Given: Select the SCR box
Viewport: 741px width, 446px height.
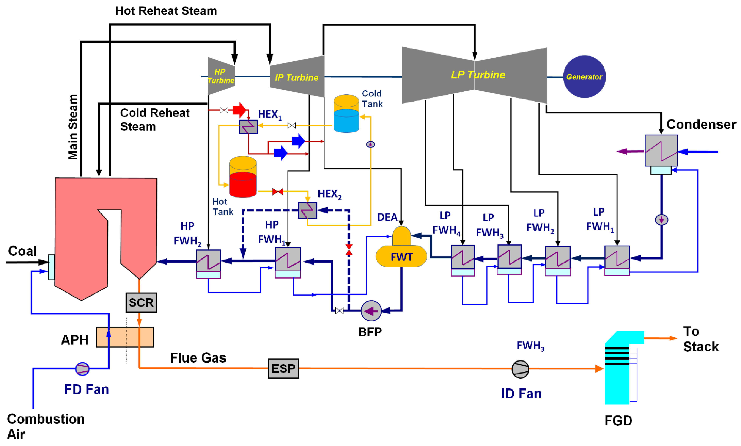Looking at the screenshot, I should [x=141, y=302].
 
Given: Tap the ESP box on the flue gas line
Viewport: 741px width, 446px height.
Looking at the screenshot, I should [x=283, y=368].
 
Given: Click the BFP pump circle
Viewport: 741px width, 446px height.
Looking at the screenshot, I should [x=371, y=311].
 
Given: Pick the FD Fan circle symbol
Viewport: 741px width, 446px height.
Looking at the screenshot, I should [x=82, y=369].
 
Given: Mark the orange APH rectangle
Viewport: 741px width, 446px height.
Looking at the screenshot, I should [x=125, y=337].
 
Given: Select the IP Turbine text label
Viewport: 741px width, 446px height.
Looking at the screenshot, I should [x=296, y=78].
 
